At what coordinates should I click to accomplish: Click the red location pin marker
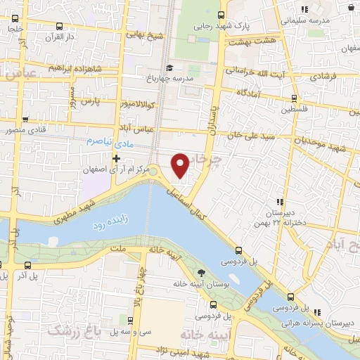tap(181, 165)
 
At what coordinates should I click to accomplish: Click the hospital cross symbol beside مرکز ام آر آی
tap(125, 158)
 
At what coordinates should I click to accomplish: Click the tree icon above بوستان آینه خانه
tap(201, 273)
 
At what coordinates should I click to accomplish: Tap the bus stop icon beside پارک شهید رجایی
tap(221, 15)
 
